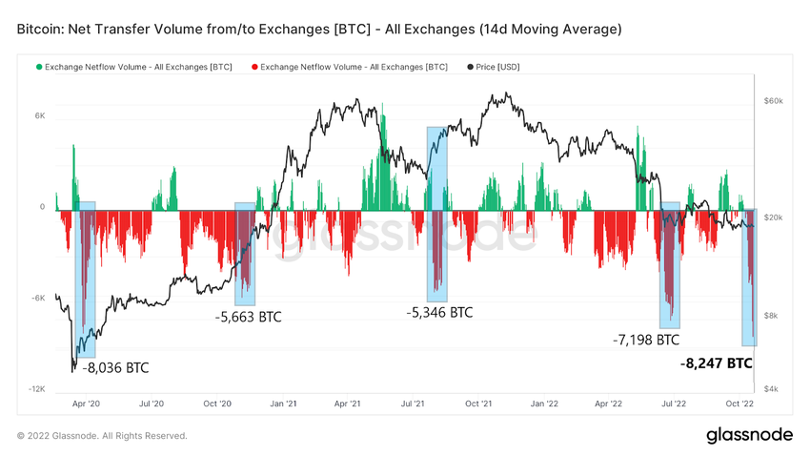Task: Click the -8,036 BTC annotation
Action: pyautogui.click(x=115, y=367)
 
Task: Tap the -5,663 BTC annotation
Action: pyautogui.click(x=249, y=317)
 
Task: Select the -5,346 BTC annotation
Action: pyautogui.click(x=439, y=312)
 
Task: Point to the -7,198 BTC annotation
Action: pyautogui.click(x=646, y=340)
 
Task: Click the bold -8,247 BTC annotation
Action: pyautogui.click(x=716, y=363)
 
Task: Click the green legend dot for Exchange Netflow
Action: pyautogui.click(x=39, y=67)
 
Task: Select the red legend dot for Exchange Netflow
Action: pyautogui.click(x=253, y=67)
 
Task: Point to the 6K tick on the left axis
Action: pyautogui.click(x=39, y=115)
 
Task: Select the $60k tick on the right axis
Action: pyautogui.click(x=773, y=100)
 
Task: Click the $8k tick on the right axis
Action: pyautogui.click(x=771, y=315)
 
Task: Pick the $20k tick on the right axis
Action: pyautogui.click(x=773, y=218)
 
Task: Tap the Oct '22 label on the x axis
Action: pyautogui.click(x=739, y=404)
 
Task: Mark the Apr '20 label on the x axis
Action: pyautogui.click(x=86, y=404)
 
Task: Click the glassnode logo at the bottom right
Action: pyautogui.click(x=749, y=435)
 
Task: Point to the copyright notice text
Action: pyautogui.click(x=102, y=436)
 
